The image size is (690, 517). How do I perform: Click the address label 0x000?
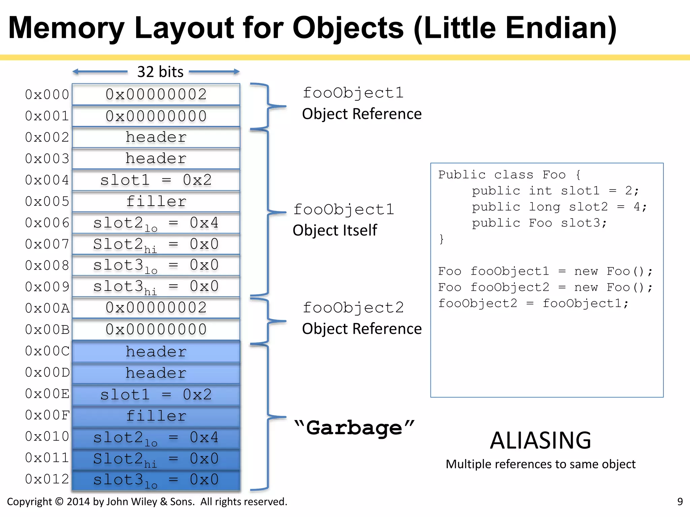click(47, 95)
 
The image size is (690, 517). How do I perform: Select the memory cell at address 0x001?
click(156, 116)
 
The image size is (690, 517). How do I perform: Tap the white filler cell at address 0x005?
click(156, 201)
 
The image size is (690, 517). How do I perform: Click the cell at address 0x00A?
click(156, 308)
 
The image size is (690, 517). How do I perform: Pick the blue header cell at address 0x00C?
click(156, 352)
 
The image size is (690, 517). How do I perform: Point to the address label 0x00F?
click(47, 415)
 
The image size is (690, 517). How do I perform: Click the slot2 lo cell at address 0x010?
click(156, 438)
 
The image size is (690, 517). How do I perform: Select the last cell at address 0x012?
click(156, 480)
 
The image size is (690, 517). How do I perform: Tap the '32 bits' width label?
click(160, 72)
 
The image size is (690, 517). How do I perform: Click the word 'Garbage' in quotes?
click(354, 427)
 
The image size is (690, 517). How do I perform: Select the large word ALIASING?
click(540, 440)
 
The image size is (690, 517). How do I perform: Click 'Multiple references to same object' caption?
click(540, 464)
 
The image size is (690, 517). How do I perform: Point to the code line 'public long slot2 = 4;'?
click(559, 207)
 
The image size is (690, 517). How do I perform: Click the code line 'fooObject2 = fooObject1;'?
click(533, 303)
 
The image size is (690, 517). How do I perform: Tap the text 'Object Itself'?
click(335, 231)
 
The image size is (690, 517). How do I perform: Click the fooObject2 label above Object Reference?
click(353, 308)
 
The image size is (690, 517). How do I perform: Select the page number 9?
click(680, 502)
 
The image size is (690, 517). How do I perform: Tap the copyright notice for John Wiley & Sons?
click(147, 502)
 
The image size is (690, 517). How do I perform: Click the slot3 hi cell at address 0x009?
click(156, 286)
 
